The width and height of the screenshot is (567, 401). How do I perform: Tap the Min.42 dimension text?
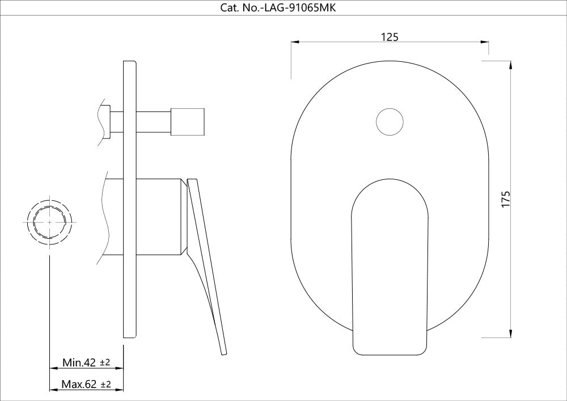click(x=79, y=362)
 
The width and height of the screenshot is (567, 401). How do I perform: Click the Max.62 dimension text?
click(x=79, y=385)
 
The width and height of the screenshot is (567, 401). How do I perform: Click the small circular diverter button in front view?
click(x=390, y=121)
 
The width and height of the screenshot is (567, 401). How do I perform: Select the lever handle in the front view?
click(x=390, y=267)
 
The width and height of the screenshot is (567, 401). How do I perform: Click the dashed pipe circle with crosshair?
click(x=50, y=222)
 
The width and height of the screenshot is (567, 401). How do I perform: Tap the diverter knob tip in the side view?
click(x=189, y=121)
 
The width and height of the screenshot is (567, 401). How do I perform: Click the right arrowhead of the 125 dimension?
click(x=486, y=42)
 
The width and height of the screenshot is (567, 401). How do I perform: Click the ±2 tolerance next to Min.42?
click(x=105, y=362)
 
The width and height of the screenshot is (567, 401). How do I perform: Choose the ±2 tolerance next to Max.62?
click(x=105, y=385)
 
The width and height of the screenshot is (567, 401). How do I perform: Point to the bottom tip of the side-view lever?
click(x=223, y=353)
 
